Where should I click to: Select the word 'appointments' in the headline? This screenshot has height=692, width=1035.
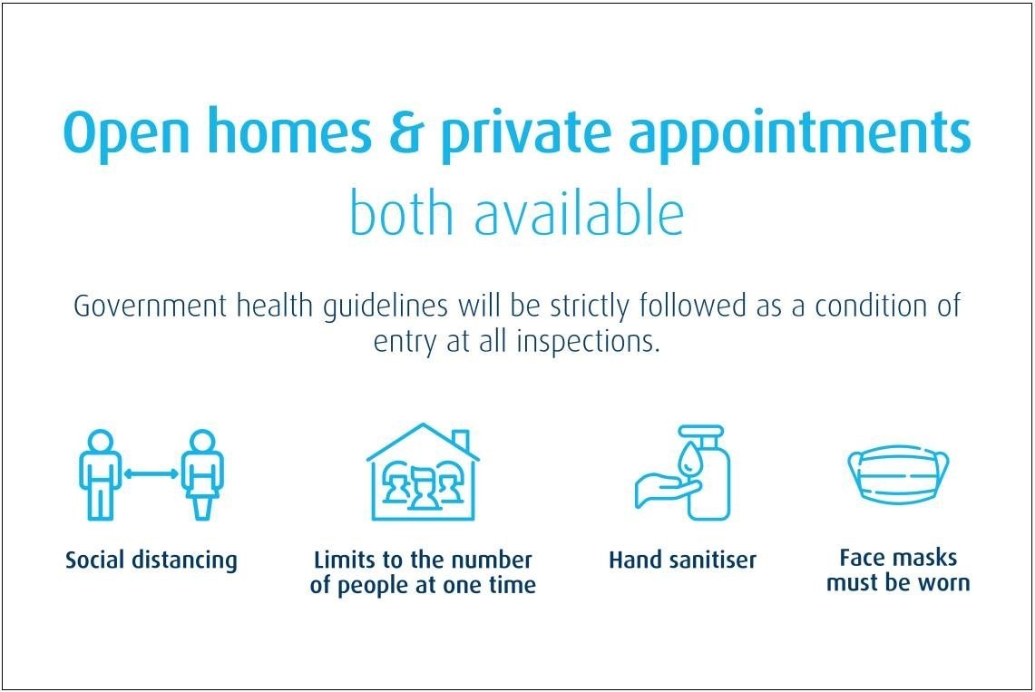point(799,135)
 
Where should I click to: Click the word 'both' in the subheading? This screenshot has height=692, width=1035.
point(401,211)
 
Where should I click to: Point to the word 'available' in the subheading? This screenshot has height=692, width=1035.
point(579,211)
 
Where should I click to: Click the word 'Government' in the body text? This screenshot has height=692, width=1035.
point(150,306)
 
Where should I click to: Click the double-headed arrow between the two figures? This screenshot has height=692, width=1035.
point(151,473)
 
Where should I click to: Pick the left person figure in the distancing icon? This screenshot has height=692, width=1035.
point(101,474)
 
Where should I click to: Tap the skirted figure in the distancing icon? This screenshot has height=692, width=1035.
point(202,474)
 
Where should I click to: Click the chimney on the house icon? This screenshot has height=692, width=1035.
point(461,440)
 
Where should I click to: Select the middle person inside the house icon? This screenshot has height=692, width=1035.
point(423,488)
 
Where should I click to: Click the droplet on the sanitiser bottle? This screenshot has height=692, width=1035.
point(690,456)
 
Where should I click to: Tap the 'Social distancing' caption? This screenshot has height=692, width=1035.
point(151,560)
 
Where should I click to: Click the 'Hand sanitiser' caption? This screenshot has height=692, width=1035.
point(682,560)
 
